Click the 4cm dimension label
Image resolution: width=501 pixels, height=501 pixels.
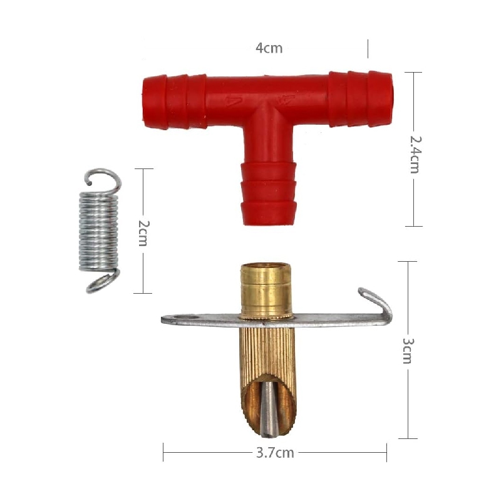click(x=269, y=48)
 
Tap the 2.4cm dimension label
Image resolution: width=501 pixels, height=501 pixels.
click(x=416, y=155)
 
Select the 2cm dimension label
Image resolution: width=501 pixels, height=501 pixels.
click(x=143, y=233)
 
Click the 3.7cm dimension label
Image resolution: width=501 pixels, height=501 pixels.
click(x=275, y=453)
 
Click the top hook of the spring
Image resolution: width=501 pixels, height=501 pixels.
click(x=103, y=180)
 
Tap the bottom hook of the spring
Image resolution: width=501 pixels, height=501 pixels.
click(x=103, y=281)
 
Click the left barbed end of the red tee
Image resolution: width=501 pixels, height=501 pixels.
click(x=174, y=101)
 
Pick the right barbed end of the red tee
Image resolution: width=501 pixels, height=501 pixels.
click(x=361, y=99)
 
